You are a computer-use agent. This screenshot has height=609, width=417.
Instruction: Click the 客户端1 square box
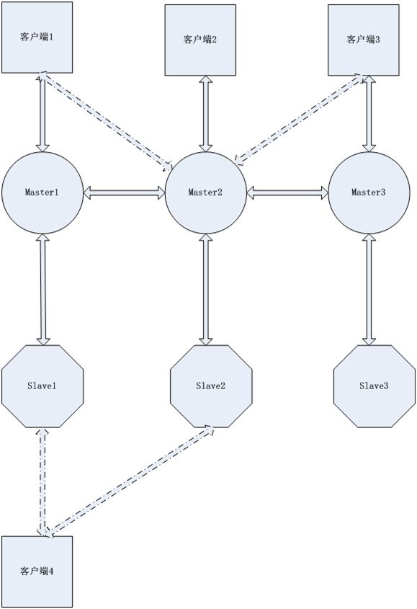point(37,37)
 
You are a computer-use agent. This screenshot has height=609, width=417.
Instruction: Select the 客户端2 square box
point(200,40)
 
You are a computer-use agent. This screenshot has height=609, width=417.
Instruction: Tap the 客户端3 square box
point(364,40)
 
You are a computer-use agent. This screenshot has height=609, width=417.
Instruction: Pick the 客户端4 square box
point(37,572)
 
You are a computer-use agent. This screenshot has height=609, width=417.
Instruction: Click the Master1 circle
point(42,192)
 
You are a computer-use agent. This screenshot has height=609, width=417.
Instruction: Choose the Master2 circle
point(206,192)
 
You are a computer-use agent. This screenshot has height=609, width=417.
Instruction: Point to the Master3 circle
point(369,192)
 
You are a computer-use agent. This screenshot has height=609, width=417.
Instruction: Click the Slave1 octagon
point(42,386)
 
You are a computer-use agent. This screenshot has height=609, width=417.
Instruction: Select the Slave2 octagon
point(211,386)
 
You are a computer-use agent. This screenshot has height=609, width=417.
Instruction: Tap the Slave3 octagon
point(375,386)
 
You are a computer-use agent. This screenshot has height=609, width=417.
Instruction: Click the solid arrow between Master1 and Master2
point(125,192)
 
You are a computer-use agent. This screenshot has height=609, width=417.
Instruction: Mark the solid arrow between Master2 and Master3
point(287,192)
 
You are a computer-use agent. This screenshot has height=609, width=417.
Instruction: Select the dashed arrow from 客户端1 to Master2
point(105,121)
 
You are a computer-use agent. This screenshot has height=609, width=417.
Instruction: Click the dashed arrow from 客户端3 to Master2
point(300,119)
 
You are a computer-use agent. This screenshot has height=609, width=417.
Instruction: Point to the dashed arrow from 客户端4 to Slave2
point(130,480)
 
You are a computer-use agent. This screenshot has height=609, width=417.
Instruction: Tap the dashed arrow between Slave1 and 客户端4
point(42,482)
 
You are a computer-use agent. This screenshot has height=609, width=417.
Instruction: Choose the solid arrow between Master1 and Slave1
point(42,289)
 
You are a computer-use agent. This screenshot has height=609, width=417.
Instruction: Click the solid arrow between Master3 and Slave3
point(369,289)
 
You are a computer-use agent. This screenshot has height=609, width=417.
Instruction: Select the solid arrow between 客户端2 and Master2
point(206,114)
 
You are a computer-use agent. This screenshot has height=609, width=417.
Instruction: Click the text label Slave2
point(210,386)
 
